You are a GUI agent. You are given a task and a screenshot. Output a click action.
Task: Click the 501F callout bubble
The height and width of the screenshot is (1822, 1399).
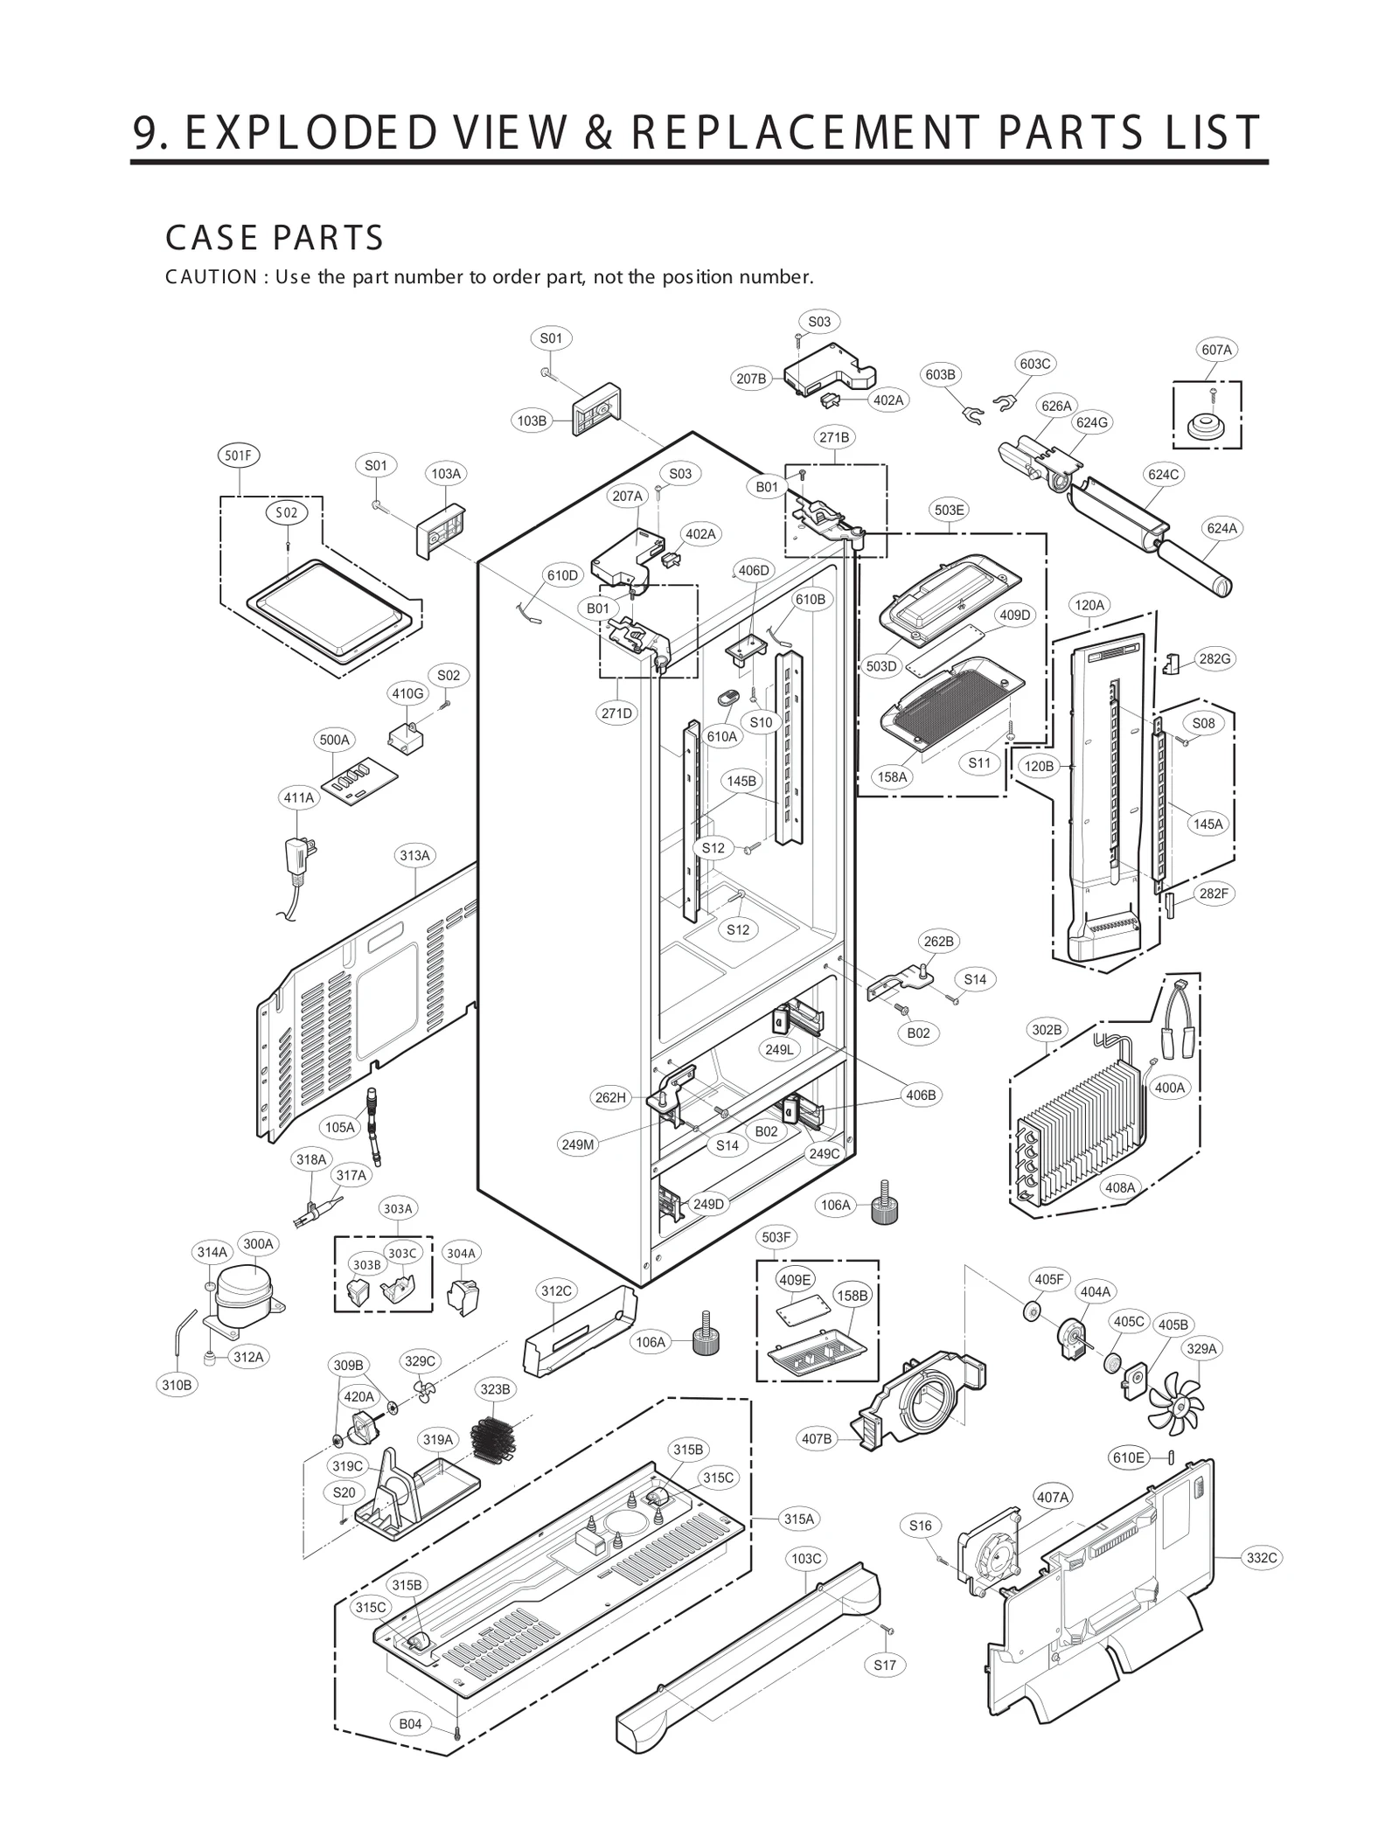click(x=239, y=455)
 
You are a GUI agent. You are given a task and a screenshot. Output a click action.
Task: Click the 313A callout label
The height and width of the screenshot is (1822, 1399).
click(x=414, y=855)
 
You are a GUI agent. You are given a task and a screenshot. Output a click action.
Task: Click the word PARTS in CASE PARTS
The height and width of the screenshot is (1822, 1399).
click(x=329, y=238)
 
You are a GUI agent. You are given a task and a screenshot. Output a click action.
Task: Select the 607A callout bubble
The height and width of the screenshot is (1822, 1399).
click(x=1215, y=350)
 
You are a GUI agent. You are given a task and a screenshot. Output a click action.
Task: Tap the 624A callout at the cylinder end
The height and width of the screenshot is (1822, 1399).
click(x=1222, y=528)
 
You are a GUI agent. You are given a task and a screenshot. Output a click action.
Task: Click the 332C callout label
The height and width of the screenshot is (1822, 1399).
click(x=1262, y=1557)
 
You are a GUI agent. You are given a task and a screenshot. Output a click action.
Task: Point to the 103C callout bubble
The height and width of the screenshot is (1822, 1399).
click(x=806, y=1558)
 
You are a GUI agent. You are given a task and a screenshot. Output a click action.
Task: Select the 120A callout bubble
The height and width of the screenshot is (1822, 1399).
click(x=1089, y=605)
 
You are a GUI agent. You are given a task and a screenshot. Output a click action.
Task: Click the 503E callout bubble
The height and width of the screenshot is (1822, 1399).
click(x=949, y=510)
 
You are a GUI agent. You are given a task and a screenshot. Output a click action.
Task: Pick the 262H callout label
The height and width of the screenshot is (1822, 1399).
click(x=609, y=1098)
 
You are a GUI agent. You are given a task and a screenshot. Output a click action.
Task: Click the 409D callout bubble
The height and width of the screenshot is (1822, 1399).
click(x=1014, y=615)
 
